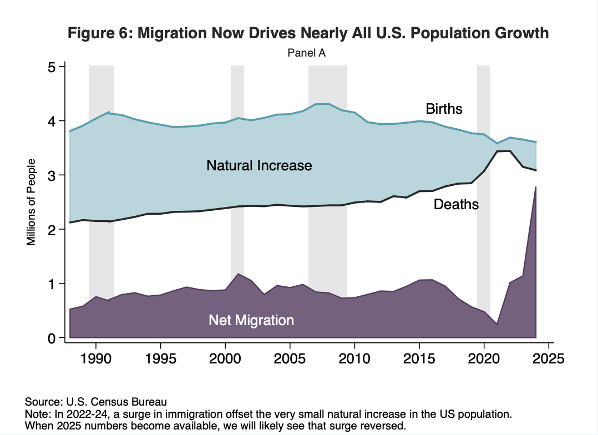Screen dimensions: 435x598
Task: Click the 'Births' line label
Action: click(x=444, y=108)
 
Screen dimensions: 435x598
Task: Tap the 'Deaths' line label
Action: click(x=456, y=205)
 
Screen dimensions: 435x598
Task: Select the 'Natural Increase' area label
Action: click(x=259, y=165)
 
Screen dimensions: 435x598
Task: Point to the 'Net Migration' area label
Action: click(x=251, y=320)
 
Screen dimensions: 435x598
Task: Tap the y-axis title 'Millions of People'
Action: click(x=32, y=202)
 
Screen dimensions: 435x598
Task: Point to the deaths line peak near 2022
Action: click(x=510, y=151)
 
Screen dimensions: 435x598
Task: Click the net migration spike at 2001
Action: click(x=238, y=274)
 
